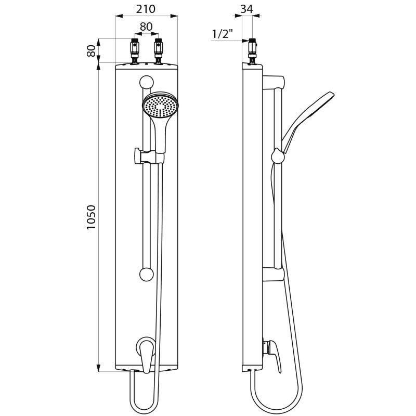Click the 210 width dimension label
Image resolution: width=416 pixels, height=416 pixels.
coord(146,9)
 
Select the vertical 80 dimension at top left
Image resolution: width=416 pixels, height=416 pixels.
coord(92,50)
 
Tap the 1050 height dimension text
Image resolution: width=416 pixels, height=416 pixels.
coord(92,217)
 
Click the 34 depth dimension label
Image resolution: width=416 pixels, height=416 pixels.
coord(247,9)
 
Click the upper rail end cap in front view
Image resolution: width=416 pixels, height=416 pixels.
coord(147,82)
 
